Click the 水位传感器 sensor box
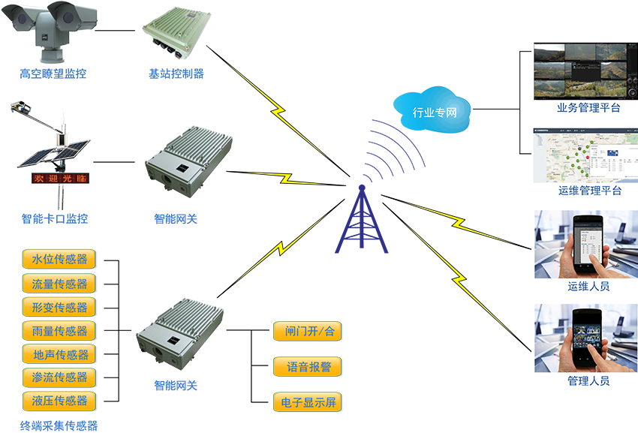click(x=59, y=260)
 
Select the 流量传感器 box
click(x=59, y=284)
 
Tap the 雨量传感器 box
click(x=59, y=330)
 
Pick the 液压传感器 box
click(x=59, y=400)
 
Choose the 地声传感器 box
click(x=59, y=354)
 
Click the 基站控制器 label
click(x=176, y=74)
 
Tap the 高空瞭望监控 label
click(x=53, y=74)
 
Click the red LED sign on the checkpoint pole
click(x=59, y=179)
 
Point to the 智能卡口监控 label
click(x=55, y=219)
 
